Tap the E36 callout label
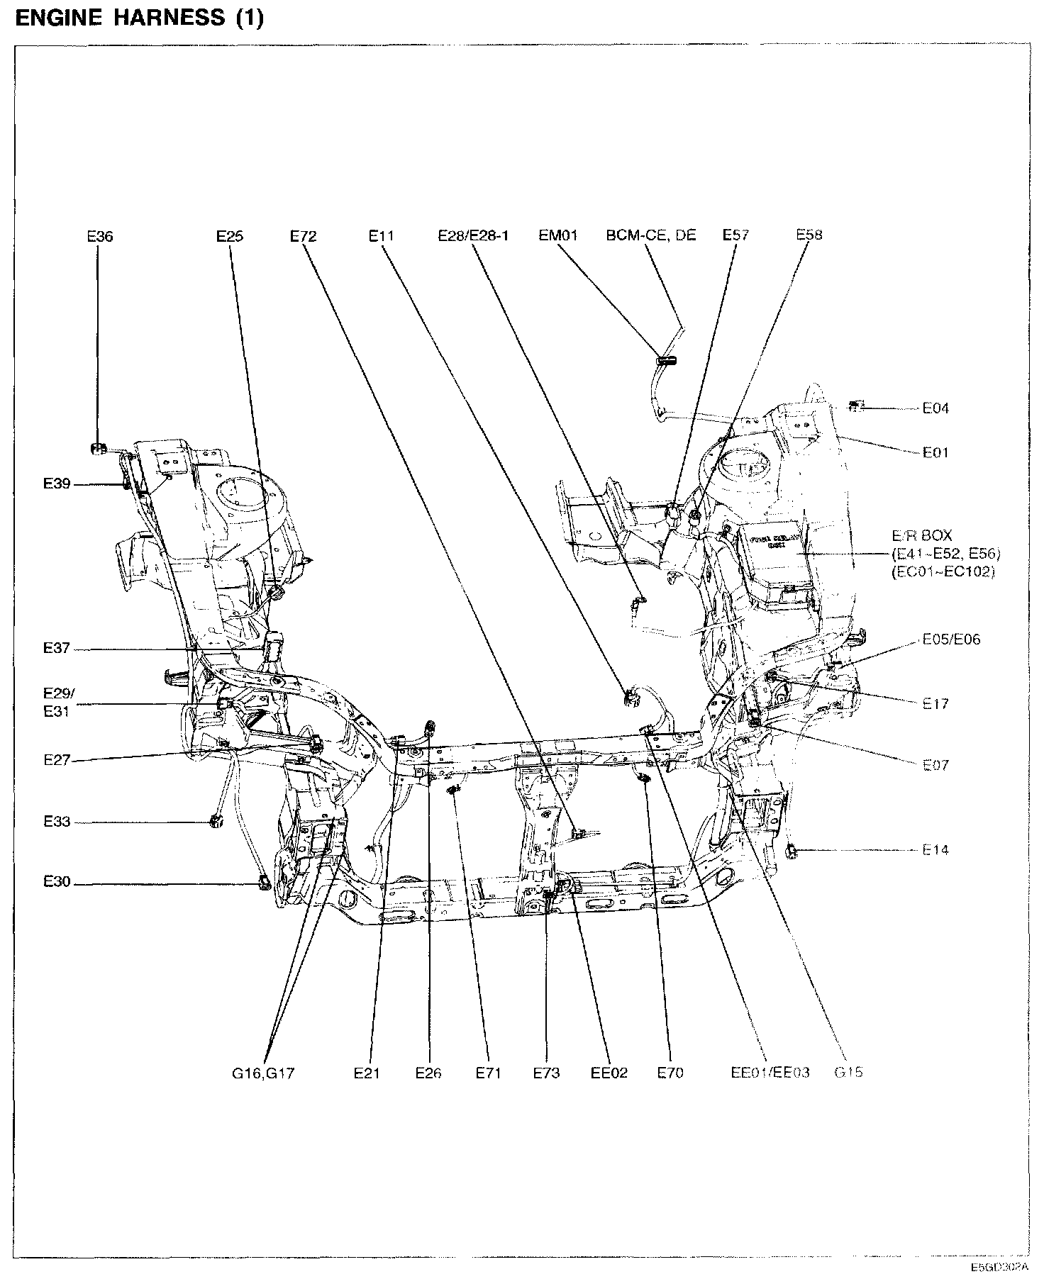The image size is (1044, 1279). (x=100, y=237)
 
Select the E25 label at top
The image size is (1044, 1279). (x=230, y=237)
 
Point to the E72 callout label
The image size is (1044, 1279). (x=303, y=237)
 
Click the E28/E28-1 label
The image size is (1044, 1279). (x=473, y=235)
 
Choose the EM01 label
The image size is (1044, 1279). (x=558, y=235)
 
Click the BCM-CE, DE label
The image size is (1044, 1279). (x=651, y=235)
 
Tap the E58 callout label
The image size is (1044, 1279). (x=809, y=235)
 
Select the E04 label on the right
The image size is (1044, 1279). (x=935, y=408)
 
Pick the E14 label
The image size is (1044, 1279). (x=935, y=849)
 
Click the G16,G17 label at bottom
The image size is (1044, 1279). (x=262, y=1073)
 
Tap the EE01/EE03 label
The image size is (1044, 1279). (x=770, y=1073)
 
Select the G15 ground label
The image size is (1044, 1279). (x=848, y=1072)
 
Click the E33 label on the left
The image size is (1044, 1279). (x=57, y=822)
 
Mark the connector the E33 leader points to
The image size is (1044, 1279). (x=213, y=822)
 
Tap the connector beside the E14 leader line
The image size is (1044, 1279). (x=794, y=850)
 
